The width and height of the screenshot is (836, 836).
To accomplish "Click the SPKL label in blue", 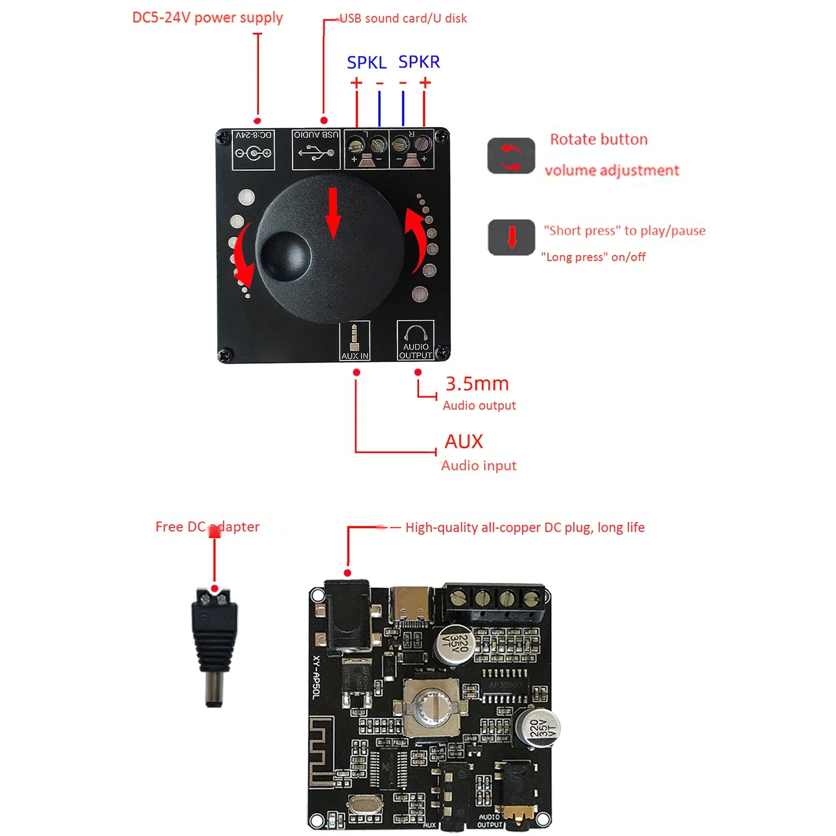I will point(366,62).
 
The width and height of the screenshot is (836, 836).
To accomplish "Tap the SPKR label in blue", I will point(419,61).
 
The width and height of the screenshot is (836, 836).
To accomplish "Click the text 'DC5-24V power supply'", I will point(207,18).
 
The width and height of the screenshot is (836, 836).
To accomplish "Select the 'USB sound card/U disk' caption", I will point(403,18).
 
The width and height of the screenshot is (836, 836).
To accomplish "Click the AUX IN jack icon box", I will point(354,341).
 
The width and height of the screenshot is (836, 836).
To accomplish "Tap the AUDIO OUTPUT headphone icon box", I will point(415,341).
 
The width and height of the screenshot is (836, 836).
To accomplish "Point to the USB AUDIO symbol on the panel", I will point(316,149).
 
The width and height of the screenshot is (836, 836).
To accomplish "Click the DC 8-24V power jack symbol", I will point(254,149).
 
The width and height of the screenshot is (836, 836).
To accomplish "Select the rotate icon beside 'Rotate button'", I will point(511,156).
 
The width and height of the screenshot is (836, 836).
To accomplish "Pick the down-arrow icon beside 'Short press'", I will point(512,237).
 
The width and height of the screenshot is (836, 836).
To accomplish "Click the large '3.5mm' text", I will point(477,384).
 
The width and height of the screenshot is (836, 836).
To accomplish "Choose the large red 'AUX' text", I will point(464,441).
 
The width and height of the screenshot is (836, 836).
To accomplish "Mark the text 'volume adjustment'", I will point(611,171).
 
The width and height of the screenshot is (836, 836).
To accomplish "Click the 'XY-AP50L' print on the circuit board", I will point(317,677).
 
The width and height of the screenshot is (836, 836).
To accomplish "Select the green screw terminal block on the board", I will point(494,601).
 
